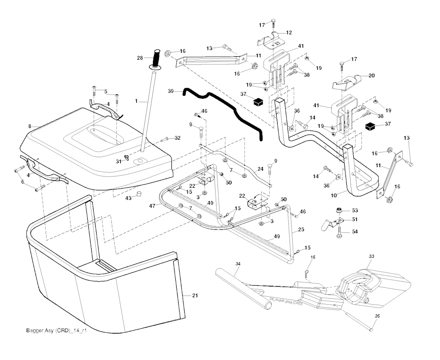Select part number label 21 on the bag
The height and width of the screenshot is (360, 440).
coord(195,296)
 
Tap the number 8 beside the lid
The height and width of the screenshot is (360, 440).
coord(30,126)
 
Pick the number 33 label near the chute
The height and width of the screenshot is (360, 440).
coord(372,256)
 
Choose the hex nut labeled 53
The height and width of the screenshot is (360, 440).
coord(339,211)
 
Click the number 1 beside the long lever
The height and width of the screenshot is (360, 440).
coord(136,101)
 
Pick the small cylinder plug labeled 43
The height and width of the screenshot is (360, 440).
coord(139,196)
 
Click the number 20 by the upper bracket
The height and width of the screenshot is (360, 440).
coord(371,76)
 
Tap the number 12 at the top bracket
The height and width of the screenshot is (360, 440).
coord(289,32)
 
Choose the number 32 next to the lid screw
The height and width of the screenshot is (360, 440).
coord(177,138)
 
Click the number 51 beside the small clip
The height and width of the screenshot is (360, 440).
coord(354,220)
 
